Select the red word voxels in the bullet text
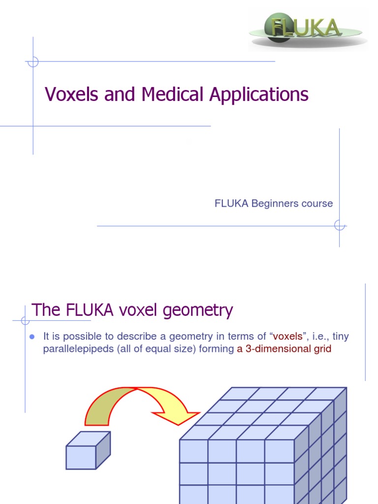pyautogui.click(x=287, y=337)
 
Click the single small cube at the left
pyautogui.click(x=88, y=451)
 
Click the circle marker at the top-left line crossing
pyautogui.click(x=33, y=62)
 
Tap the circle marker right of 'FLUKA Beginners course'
pyautogui.click(x=339, y=225)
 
